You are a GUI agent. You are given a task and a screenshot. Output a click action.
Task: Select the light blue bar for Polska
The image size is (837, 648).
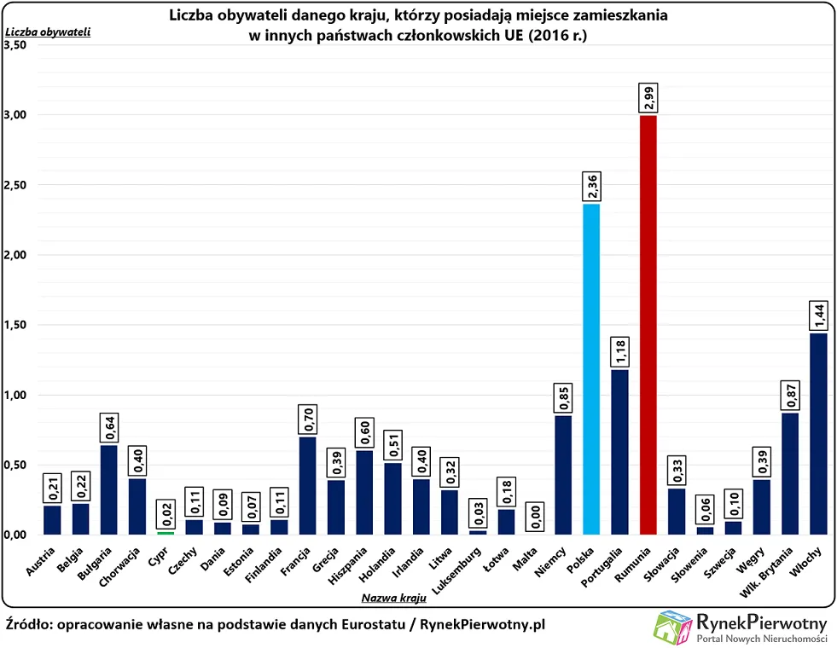click(591, 368)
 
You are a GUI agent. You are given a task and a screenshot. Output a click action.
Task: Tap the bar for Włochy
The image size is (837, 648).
click(818, 433)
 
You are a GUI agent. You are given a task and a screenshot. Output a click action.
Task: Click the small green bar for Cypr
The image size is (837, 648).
click(166, 533)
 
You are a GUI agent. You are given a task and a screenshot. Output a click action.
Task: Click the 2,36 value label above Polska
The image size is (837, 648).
click(591, 187)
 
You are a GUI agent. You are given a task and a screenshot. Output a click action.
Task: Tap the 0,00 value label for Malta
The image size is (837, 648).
click(535, 517)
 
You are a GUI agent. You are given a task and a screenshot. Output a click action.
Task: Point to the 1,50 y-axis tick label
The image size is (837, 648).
click(15, 325)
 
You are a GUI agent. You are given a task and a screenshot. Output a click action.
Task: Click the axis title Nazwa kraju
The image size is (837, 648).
click(395, 599)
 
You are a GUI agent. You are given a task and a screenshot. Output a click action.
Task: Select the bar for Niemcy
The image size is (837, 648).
click(563, 475)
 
